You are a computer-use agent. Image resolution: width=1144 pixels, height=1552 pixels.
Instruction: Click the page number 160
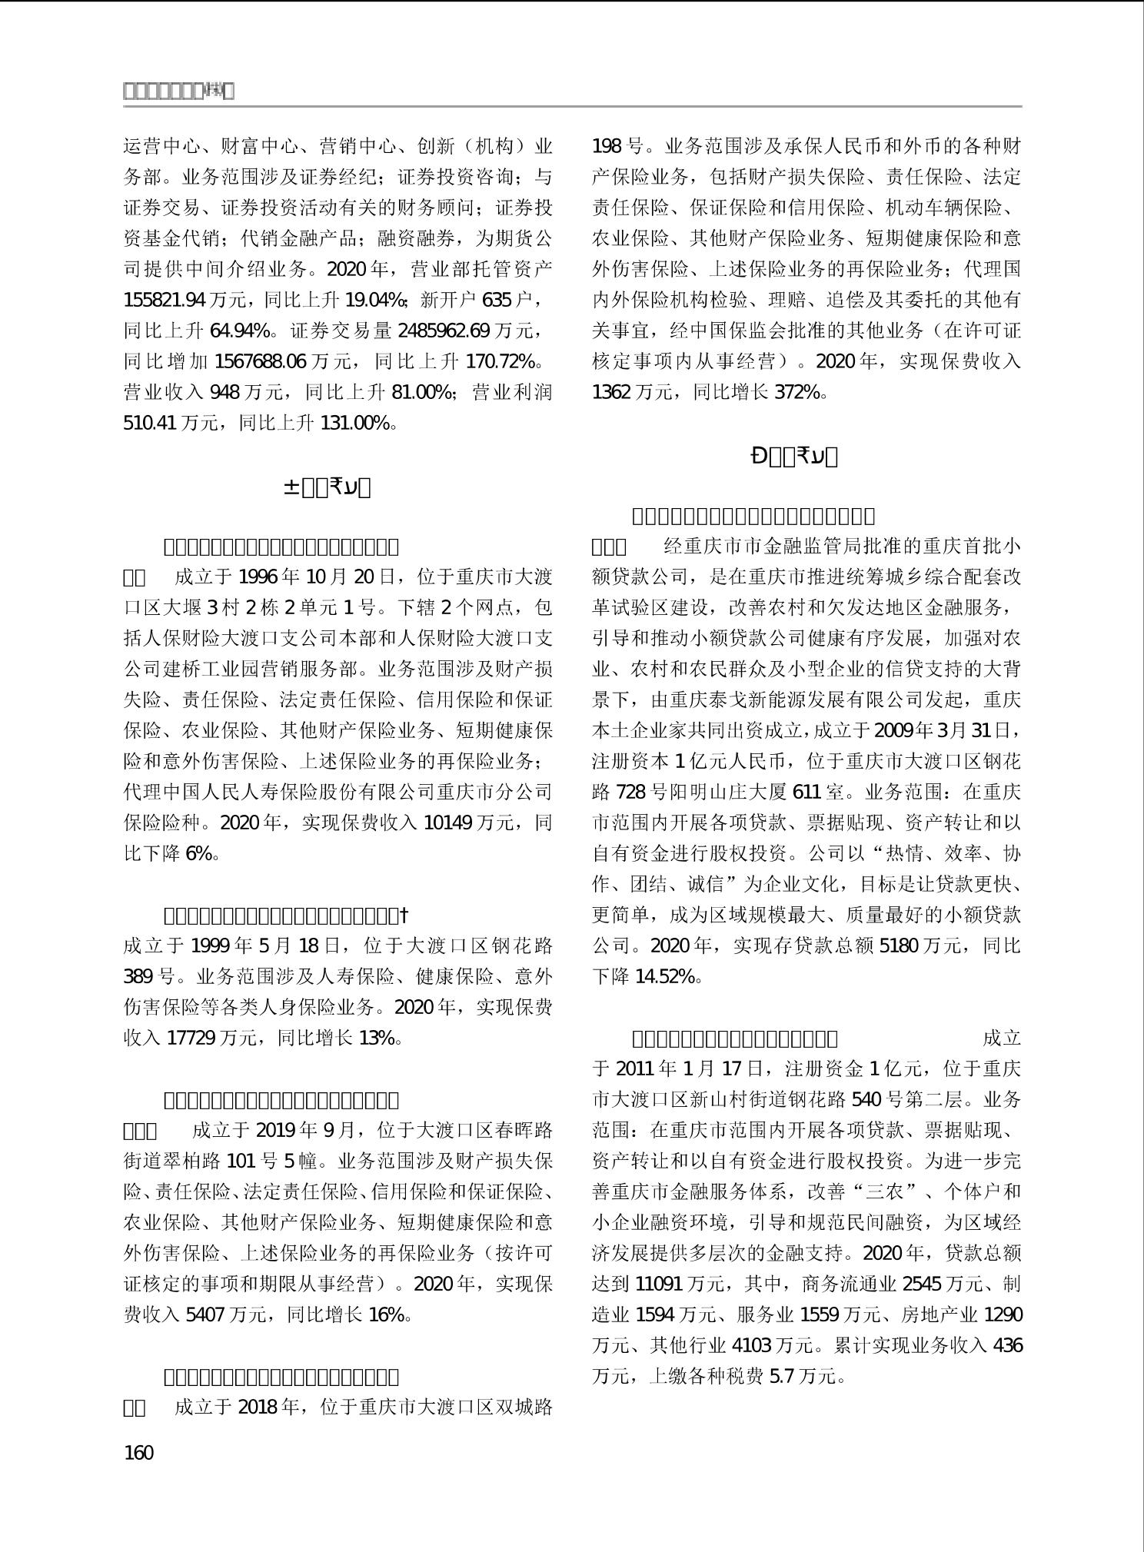point(138,1452)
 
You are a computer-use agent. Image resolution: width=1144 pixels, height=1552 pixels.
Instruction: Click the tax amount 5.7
point(782,1376)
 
